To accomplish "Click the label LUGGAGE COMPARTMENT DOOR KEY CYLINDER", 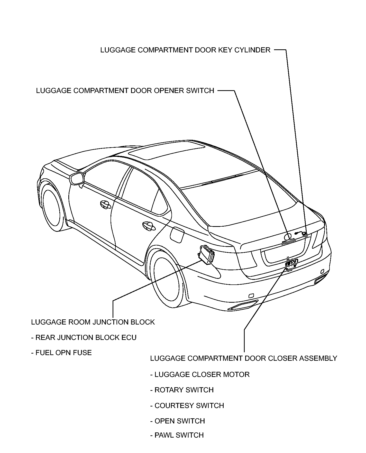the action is pyautogui.click(x=185, y=50).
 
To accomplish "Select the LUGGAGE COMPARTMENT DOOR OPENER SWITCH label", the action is pyautogui.click(x=125, y=90).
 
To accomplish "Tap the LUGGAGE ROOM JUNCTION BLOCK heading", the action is pyautogui.click(x=93, y=322).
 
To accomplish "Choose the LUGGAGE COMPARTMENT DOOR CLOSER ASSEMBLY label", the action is pyautogui.click(x=244, y=358).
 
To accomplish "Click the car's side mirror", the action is pyautogui.click(x=77, y=179).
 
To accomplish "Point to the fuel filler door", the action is pyautogui.click(x=177, y=234).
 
